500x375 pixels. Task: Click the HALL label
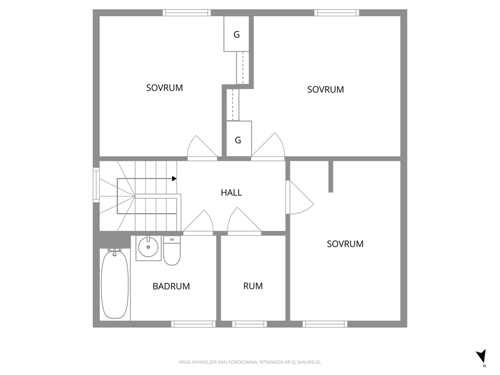click(x=231, y=193)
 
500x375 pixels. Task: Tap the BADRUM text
click(x=171, y=286)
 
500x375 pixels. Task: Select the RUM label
click(x=253, y=286)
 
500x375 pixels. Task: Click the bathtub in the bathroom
click(x=115, y=284)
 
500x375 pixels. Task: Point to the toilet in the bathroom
click(x=172, y=251)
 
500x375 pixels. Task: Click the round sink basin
click(x=148, y=247)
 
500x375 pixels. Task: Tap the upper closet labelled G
click(x=236, y=34)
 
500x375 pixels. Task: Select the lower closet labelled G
click(x=239, y=139)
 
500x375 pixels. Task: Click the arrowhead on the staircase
click(x=174, y=178)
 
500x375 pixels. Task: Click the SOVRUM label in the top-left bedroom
click(x=164, y=88)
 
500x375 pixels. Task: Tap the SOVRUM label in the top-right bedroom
click(x=326, y=90)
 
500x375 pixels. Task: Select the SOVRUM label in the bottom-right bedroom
click(x=345, y=244)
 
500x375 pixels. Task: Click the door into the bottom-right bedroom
click(x=299, y=197)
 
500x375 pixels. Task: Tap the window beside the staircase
click(x=96, y=185)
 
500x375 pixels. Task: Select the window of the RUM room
click(x=249, y=324)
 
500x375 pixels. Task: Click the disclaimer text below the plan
click(x=249, y=362)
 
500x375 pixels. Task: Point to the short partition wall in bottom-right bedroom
click(x=331, y=176)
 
